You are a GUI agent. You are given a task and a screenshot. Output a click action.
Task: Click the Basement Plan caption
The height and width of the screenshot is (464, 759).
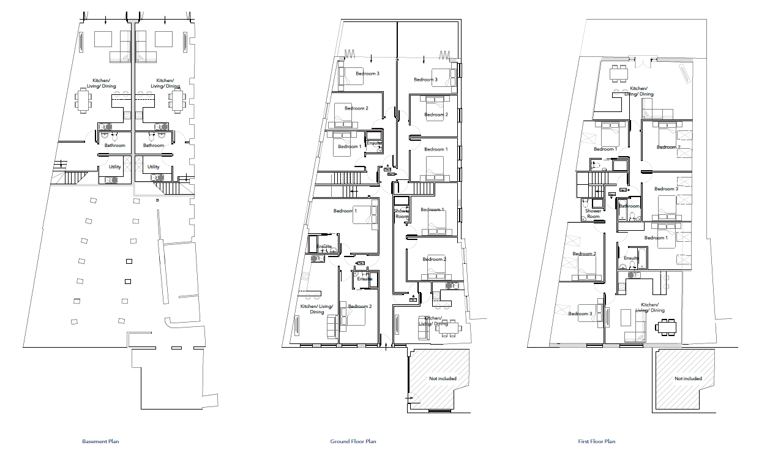[100, 441]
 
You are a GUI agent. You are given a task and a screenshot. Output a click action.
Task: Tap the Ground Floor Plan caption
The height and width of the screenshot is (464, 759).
[353, 441]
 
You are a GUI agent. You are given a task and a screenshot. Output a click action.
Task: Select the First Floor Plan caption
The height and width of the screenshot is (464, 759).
[596, 441]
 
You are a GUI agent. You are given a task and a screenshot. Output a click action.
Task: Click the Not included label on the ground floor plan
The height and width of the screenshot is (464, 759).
[443, 378]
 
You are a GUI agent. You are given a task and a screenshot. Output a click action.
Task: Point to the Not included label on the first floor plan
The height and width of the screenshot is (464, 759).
[688, 378]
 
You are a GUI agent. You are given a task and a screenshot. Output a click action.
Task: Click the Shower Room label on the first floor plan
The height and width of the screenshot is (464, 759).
[593, 214]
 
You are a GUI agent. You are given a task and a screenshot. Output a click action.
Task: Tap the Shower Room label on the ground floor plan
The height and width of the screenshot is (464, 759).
[402, 214]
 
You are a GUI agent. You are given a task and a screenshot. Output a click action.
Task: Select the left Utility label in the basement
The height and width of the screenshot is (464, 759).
[114, 167]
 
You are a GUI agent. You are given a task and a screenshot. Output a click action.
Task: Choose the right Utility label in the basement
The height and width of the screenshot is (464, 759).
[153, 167]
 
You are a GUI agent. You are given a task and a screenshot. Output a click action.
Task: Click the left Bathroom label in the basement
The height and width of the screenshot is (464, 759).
[114, 146]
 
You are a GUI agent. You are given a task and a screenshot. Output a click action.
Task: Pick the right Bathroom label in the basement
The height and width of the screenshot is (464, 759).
[153, 146]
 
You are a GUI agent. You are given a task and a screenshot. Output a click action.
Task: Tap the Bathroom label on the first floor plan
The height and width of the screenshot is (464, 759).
[629, 206]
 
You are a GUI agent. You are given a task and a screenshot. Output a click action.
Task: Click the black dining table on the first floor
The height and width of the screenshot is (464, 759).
[666, 327]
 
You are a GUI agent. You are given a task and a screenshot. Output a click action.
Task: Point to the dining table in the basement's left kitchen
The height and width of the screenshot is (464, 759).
[83, 100]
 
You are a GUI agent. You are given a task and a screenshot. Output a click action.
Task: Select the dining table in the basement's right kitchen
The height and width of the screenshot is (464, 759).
[178, 100]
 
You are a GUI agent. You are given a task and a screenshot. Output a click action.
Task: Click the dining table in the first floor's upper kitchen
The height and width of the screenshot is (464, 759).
[619, 73]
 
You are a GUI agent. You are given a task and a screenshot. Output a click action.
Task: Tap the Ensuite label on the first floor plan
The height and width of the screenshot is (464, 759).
[631, 258]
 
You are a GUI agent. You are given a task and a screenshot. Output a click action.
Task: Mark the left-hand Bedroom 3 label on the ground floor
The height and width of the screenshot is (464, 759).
[367, 73]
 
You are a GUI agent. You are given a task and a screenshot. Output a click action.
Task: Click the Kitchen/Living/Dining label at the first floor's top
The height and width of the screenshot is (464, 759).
[638, 91]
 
